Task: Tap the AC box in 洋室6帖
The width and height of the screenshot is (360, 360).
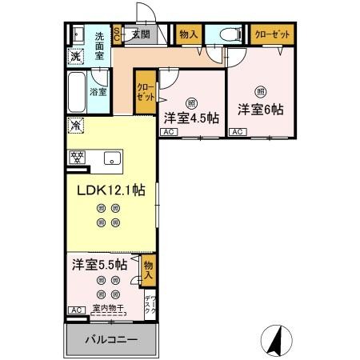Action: pos(237,132)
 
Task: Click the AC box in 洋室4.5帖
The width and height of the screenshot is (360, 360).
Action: pos(168,133)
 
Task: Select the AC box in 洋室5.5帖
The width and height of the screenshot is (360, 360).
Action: pos(75,310)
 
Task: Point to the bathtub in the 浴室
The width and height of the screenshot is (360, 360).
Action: pos(78,92)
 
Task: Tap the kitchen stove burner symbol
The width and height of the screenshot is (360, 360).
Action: pos(78,157)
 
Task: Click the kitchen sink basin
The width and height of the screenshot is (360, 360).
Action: pos(110,157)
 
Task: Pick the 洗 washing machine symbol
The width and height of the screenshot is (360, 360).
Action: pos(74,56)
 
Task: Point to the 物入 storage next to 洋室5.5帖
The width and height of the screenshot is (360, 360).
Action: pos(148,270)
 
